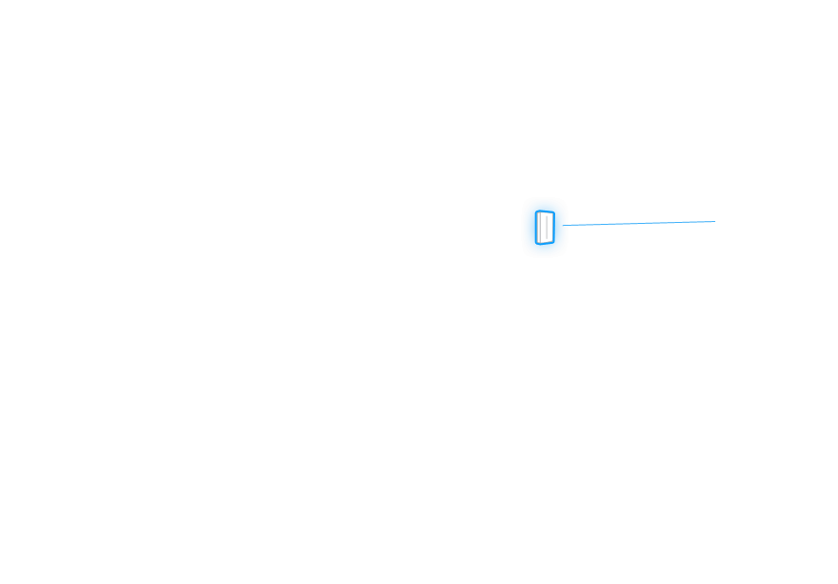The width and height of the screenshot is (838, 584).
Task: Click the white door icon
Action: point(545,228)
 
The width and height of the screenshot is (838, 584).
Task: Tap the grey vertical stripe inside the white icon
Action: point(542,228)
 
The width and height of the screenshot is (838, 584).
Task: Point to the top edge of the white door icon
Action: point(545,213)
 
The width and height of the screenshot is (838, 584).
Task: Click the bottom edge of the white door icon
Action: point(545,243)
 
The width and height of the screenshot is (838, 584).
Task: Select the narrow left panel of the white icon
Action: point(538,228)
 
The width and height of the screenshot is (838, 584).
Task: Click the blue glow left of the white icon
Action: point(529,228)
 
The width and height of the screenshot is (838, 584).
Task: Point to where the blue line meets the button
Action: point(568,226)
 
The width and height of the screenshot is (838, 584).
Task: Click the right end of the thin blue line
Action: point(714,221)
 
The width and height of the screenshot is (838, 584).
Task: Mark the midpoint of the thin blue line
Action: point(641,224)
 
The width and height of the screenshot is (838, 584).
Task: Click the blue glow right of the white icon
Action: point(560,228)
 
